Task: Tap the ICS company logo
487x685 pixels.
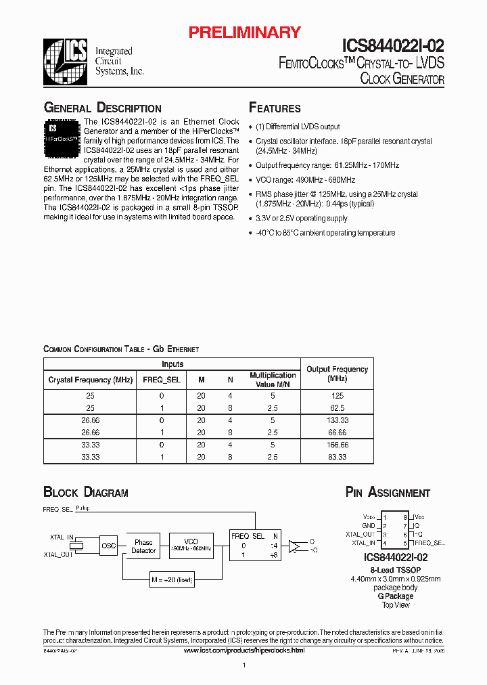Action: point(66,60)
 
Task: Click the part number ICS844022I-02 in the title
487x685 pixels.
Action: point(392,46)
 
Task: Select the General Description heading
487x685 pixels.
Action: point(102,108)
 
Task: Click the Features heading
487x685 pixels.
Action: point(275,108)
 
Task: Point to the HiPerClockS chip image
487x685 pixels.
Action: point(62,135)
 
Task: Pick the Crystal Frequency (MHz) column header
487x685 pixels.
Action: point(90,380)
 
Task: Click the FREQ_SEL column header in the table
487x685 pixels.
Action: point(162,380)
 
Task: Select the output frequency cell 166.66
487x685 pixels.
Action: point(337,445)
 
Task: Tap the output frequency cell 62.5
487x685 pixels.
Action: point(337,408)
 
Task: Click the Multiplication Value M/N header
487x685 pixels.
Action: point(273,379)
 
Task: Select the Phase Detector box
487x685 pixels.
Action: point(143,546)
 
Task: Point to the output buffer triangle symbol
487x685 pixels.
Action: point(294,546)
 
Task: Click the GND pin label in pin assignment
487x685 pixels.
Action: point(368,525)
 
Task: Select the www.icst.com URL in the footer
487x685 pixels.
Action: point(244,650)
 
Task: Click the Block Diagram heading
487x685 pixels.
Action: point(86,493)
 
